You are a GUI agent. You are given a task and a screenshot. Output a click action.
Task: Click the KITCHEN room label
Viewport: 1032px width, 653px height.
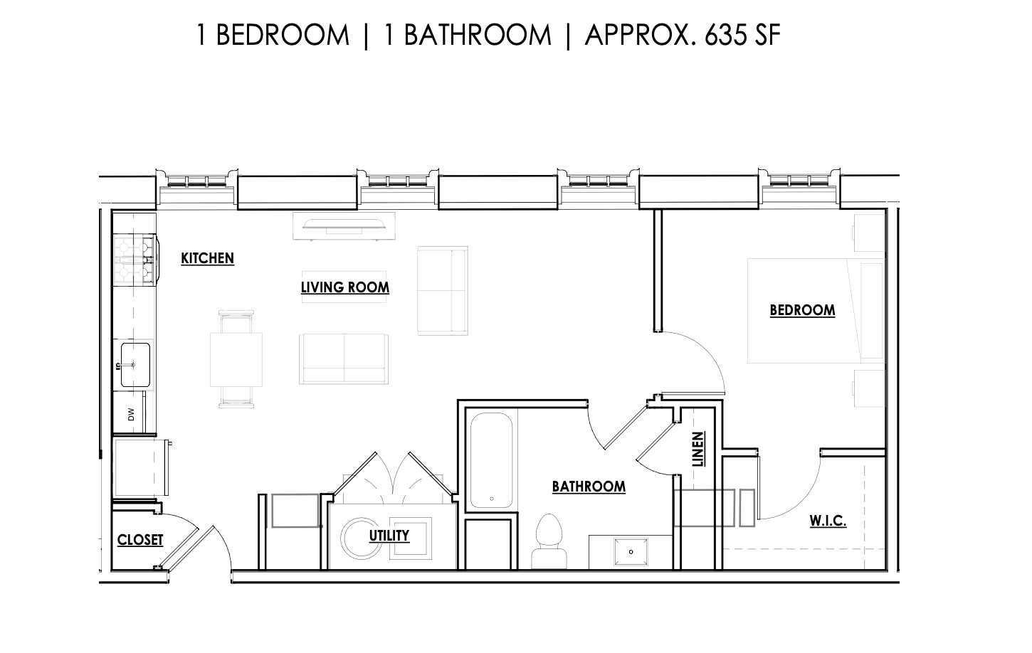[x=207, y=258]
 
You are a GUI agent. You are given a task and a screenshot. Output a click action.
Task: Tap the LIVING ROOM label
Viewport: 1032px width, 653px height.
[x=345, y=287]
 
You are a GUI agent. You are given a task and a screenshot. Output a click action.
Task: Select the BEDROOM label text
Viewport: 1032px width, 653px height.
[x=803, y=310]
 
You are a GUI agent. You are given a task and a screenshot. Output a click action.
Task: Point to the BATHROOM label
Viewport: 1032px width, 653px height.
[x=589, y=487]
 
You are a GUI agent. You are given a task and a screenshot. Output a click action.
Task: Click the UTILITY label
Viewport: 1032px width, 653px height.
[x=389, y=536]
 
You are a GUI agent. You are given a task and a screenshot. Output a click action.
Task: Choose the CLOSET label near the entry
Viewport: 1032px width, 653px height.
[x=140, y=540]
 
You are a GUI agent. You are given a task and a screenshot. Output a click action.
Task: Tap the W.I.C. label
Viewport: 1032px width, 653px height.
[x=828, y=521]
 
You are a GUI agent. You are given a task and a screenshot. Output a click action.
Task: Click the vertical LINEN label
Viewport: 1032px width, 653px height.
[x=698, y=449]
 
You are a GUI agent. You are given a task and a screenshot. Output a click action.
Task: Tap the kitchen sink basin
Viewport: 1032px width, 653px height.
[x=135, y=365]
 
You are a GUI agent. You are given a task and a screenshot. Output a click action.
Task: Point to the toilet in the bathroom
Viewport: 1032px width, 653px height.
[x=549, y=541]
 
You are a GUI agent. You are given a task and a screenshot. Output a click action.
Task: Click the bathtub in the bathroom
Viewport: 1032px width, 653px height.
[x=491, y=460]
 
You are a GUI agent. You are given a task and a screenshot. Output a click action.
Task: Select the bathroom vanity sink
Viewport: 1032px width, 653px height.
[x=631, y=552]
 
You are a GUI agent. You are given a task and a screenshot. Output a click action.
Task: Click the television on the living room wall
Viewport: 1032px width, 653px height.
[x=344, y=225]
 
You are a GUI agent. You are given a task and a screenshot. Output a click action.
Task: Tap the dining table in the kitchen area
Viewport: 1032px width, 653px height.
[x=236, y=360]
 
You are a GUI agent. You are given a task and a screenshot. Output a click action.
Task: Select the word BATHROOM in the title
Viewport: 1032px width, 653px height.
[x=478, y=35]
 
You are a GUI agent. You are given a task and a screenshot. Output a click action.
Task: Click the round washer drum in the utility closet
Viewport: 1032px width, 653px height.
[x=361, y=538]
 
